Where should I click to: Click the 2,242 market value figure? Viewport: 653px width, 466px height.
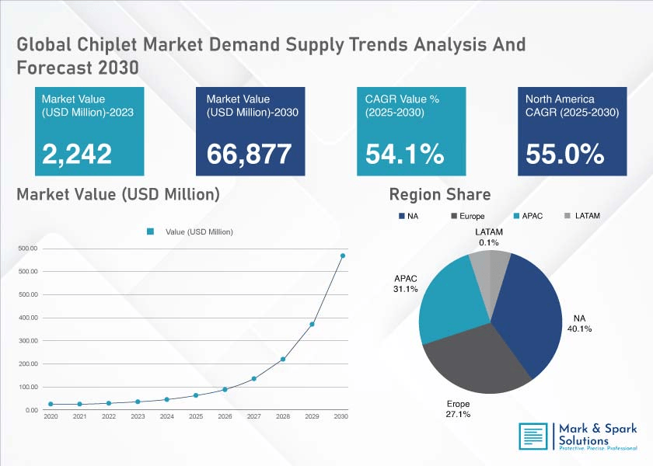click(x=77, y=154)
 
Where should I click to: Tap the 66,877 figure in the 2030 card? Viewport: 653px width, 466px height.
click(x=249, y=154)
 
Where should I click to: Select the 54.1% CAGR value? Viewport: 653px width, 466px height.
click(x=405, y=154)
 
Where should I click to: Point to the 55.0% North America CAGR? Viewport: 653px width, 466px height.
click(x=564, y=154)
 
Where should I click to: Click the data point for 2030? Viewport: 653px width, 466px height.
click(x=343, y=256)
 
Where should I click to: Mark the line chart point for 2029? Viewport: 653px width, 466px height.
click(x=312, y=324)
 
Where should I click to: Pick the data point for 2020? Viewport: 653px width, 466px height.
click(x=51, y=404)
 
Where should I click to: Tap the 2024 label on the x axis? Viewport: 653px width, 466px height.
click(x=167, y=416)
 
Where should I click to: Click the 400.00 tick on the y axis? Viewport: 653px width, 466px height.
click(x=28, y=318)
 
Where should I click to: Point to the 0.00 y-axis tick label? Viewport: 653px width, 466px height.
click(x=32, y=410)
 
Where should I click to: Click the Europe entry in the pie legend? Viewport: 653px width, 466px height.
click(x=468, y=216)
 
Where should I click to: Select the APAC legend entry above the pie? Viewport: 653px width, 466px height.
click(x=528, y=216)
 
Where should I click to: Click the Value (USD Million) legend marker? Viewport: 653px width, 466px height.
click(x=150, y=231)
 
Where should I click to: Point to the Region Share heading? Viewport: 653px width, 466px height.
click(x=440, y=194)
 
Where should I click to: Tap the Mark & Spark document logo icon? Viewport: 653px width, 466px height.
click(x=533, y=436)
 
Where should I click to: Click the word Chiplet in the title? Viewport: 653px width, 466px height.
click(x=107, y=44)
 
